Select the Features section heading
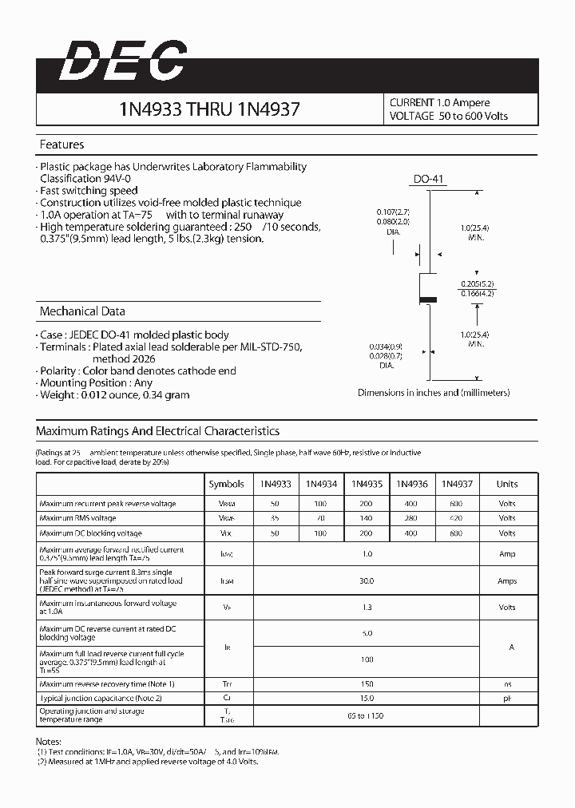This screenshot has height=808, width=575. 61,145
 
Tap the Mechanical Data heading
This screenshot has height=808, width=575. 82,311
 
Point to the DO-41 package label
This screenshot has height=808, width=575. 428,180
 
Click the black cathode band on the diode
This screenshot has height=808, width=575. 428,300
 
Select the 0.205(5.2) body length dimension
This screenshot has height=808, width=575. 477,284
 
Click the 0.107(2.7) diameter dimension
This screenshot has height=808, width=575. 393,212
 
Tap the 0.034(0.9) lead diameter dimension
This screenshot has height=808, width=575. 385,346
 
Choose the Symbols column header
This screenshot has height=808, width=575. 226,484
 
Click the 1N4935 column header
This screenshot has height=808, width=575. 366,484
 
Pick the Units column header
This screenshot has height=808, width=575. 506,484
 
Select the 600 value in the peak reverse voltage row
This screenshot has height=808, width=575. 456,504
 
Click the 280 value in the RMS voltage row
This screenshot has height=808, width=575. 411,518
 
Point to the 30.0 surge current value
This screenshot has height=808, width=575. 366,581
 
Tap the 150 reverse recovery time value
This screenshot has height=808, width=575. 366,684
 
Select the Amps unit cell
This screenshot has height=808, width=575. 506,581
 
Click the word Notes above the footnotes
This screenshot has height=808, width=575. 49,741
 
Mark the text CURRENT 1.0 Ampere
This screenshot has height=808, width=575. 439,103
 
